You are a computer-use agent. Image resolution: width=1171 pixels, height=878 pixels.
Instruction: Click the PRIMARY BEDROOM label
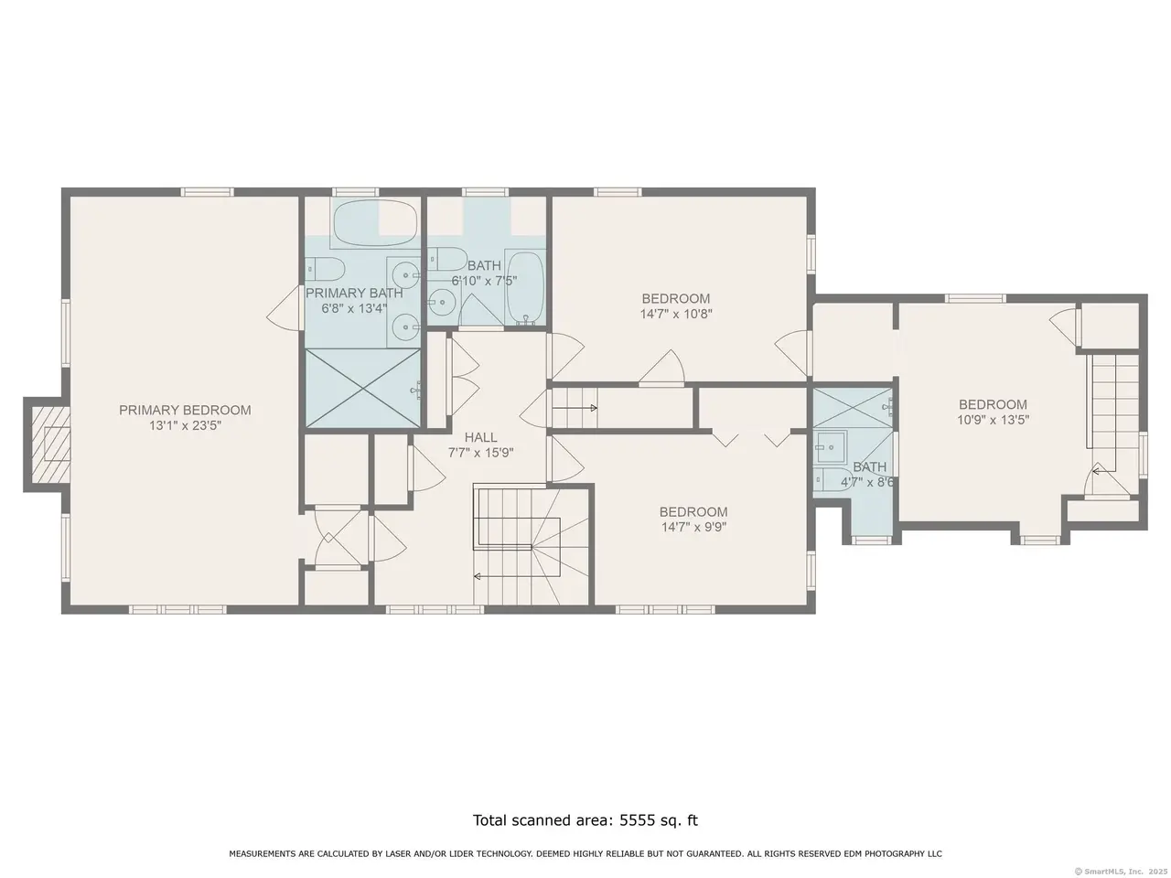(x=185, y=410)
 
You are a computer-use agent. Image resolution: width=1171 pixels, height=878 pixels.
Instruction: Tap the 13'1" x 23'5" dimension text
(x=185, y=425)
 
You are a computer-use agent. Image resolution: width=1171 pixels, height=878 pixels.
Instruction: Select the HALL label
(x=480, y=438)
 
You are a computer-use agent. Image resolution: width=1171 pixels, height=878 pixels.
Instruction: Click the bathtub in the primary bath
(x=375, y=223)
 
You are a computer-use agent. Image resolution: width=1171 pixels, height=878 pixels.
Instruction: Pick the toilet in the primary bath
(x=325, y=269)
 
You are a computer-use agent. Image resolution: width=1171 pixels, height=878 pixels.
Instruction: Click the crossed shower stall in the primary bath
(x=362, y=388)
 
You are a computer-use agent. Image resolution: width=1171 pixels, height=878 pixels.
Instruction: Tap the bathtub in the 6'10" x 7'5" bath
(x=525, y=288)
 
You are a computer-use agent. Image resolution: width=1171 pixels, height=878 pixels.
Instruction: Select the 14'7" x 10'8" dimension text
(x=676, y=314)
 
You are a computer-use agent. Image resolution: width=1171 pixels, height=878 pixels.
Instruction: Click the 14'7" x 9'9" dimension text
(x=693, y=527)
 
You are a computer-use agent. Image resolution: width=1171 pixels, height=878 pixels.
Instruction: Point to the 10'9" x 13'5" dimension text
(x=993, y=420)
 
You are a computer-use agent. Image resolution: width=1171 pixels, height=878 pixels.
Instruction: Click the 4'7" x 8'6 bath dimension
(x=867, y=483)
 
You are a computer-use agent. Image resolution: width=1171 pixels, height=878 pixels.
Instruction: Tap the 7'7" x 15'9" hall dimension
(x=480, y=453)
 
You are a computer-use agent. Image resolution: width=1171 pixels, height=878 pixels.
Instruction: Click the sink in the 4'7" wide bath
(x=830, y=446)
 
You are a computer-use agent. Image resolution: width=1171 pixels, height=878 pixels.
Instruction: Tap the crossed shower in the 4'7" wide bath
(x=853, y=407)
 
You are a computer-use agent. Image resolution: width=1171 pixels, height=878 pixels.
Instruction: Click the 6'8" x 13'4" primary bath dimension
(x=354, y=308)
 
